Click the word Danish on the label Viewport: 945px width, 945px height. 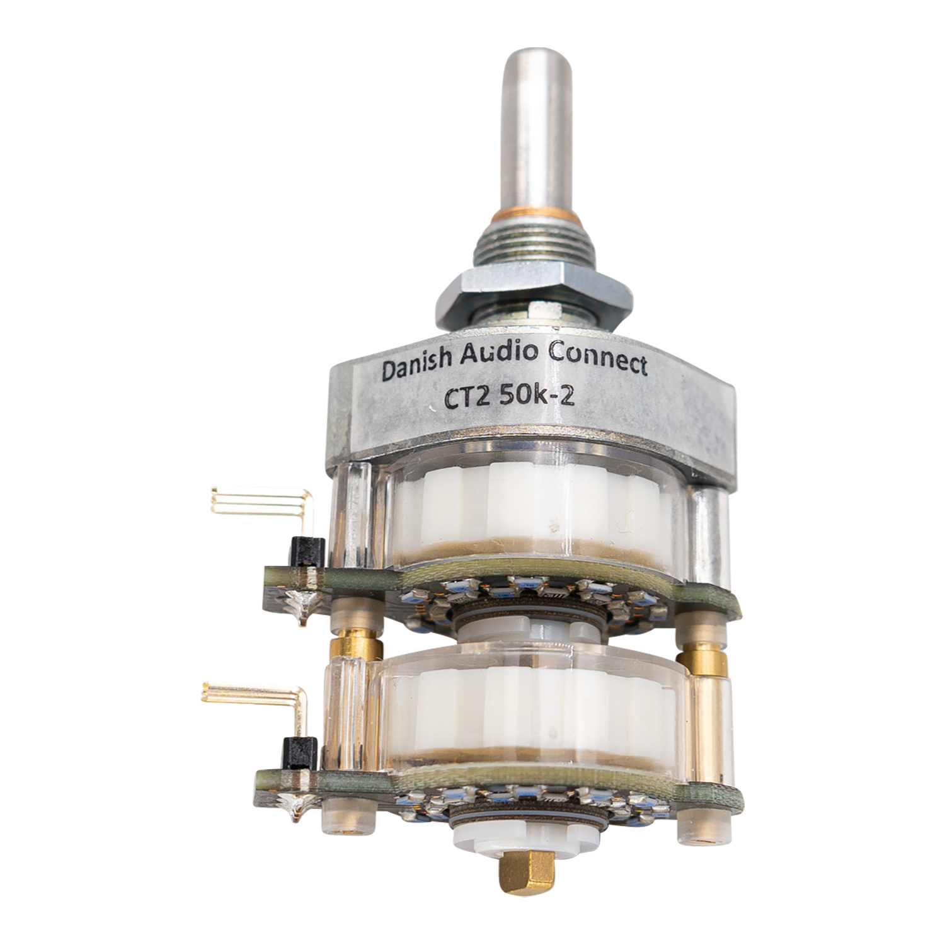tap(416, 369)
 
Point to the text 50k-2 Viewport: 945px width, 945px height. tap(536, 397)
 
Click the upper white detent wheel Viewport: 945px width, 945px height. tap(529, 510)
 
